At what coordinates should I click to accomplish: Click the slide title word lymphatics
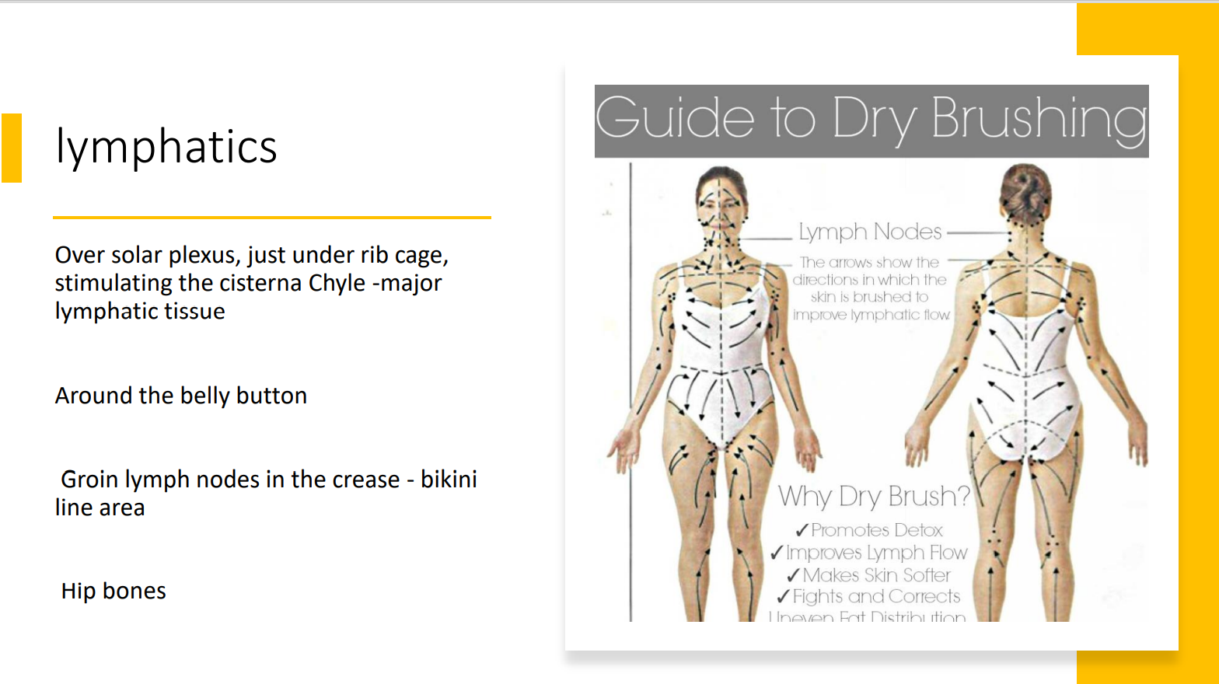click(x=166, y=146)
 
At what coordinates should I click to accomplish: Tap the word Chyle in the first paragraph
click(x=337, y=283)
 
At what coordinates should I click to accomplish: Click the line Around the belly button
click(x=180, y=396)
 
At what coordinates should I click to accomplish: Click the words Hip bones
click(x=114, y=591)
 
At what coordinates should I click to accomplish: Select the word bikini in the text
click(x=449, y=480)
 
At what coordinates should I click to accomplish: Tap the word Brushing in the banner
click(x=1039, y=120)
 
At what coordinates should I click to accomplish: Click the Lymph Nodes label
click(x=869, y=232)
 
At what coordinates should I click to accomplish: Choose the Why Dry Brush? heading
click(x=874, y=496)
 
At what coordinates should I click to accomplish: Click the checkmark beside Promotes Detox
click(x=802, y=531)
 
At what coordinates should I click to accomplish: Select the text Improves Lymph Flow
click(x=876, y=553)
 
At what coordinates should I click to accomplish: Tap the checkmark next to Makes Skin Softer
click(x=793, y=576)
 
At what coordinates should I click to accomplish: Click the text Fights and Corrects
click(x=876, y=597)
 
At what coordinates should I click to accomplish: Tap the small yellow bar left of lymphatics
click(x=12, y=148)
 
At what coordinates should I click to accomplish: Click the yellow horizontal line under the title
click(x=271, y=218)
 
